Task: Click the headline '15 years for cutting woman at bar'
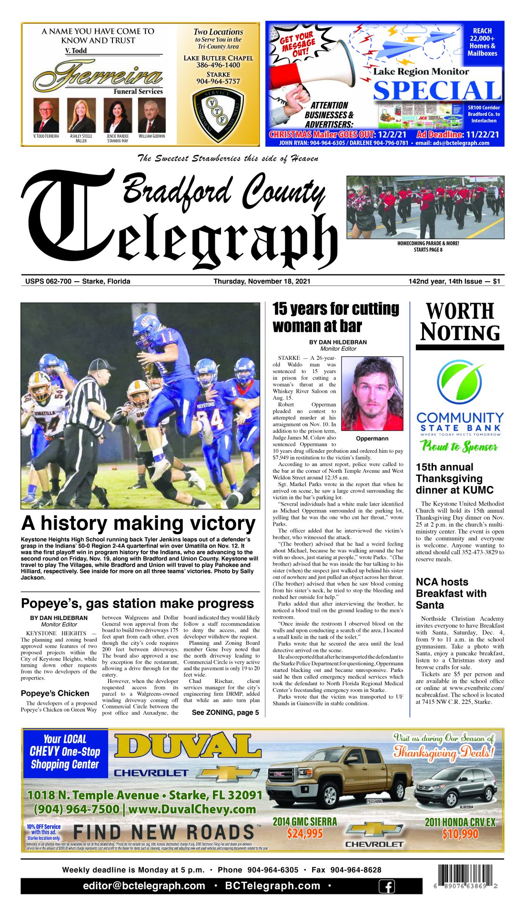[336, 317]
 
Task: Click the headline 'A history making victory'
[138, 523]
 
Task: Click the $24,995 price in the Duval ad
[304, 834]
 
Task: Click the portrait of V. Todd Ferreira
[46, 116]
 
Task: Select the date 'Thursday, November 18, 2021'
[262, 281]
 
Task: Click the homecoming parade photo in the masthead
[425, 207]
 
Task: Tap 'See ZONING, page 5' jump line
[225, 712]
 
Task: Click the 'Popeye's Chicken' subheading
[55, 693]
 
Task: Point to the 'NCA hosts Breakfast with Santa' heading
[451, 593]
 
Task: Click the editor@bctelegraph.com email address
[144, 886]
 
